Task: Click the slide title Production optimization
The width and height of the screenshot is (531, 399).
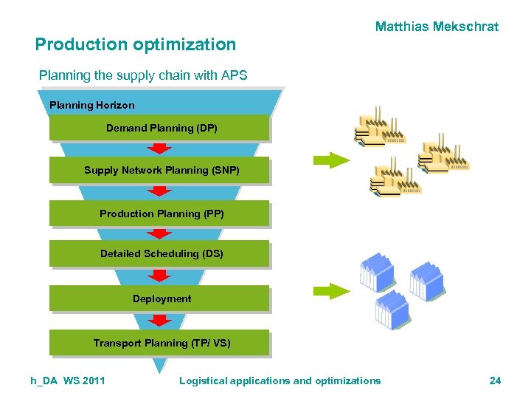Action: click(x=136, y=44)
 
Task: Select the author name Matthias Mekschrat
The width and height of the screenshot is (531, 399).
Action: click(x=437, y=27)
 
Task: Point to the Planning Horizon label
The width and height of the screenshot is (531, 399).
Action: click(x=92, y=105)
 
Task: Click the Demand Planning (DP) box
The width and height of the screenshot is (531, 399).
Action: click(x=159, y=128)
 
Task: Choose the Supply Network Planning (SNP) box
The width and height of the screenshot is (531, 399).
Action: click(x=159, y=170)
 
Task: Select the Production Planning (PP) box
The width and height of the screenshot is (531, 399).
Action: click(x=159, y=214)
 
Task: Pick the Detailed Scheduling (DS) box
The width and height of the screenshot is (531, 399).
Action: click(x=159, y=253)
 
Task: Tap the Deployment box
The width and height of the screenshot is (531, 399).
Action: click(x=159, y=299)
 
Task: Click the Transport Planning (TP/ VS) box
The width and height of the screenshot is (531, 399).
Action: click(x=159, y=343)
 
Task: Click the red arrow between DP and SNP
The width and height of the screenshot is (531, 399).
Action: click(x=159, y=149)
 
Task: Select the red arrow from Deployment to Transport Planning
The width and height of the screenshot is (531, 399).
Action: click(x=159, y=321)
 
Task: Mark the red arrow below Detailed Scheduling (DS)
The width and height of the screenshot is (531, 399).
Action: click(x=159, y=276)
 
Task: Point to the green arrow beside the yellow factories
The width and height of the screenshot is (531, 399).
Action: click(x=330, y=160)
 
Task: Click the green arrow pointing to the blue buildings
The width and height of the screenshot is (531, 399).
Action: click(x=330, y=290)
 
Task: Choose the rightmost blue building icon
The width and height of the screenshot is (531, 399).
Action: click(x=426, y=279)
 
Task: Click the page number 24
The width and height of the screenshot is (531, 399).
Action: click(x=495, y=381)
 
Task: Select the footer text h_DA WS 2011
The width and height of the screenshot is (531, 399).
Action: click(x=68, y=381)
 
